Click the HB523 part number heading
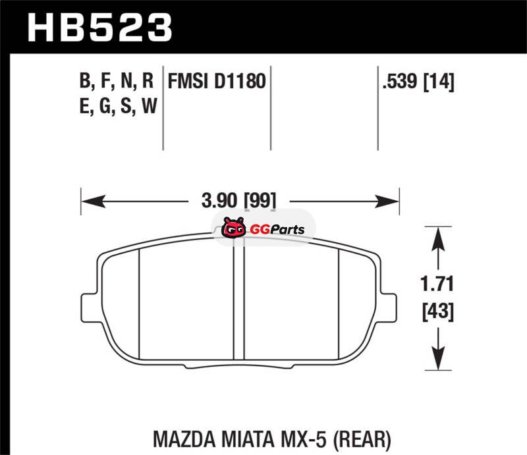100,28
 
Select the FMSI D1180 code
217,82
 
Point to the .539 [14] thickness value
418,82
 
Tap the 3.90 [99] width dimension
238,201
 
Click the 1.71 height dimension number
437,284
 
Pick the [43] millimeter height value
438,311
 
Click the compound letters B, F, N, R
117,82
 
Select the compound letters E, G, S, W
119,106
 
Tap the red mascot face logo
233,227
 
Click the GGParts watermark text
277,230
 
